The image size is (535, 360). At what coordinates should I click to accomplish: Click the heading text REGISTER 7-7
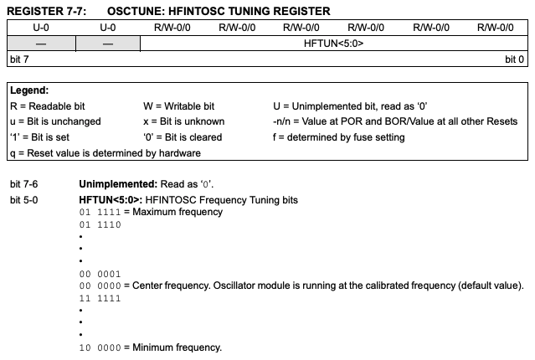tap(44, 10)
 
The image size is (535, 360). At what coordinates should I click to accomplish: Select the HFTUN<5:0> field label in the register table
tap(333, 43)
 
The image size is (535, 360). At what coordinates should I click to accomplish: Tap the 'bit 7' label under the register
tap(20, 59)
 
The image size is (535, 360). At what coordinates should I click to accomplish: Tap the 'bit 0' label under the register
tap(515, 59)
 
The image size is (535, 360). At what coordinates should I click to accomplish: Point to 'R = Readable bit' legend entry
tap(48, 105)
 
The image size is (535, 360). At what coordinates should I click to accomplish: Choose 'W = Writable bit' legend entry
tap(178, 105)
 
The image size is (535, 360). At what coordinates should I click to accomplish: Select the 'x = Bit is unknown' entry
tap(183, 121)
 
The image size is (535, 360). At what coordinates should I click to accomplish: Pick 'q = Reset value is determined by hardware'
tap(105, 153)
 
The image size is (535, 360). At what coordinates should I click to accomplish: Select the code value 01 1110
tap(100, 224)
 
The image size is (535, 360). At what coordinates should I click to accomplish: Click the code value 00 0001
tap(100, 274)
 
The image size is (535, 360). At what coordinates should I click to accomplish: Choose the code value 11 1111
tap(100, 298)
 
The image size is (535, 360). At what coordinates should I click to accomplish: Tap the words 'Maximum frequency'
tap(176, 212)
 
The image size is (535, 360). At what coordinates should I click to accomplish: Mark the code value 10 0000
tap(100, 347)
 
